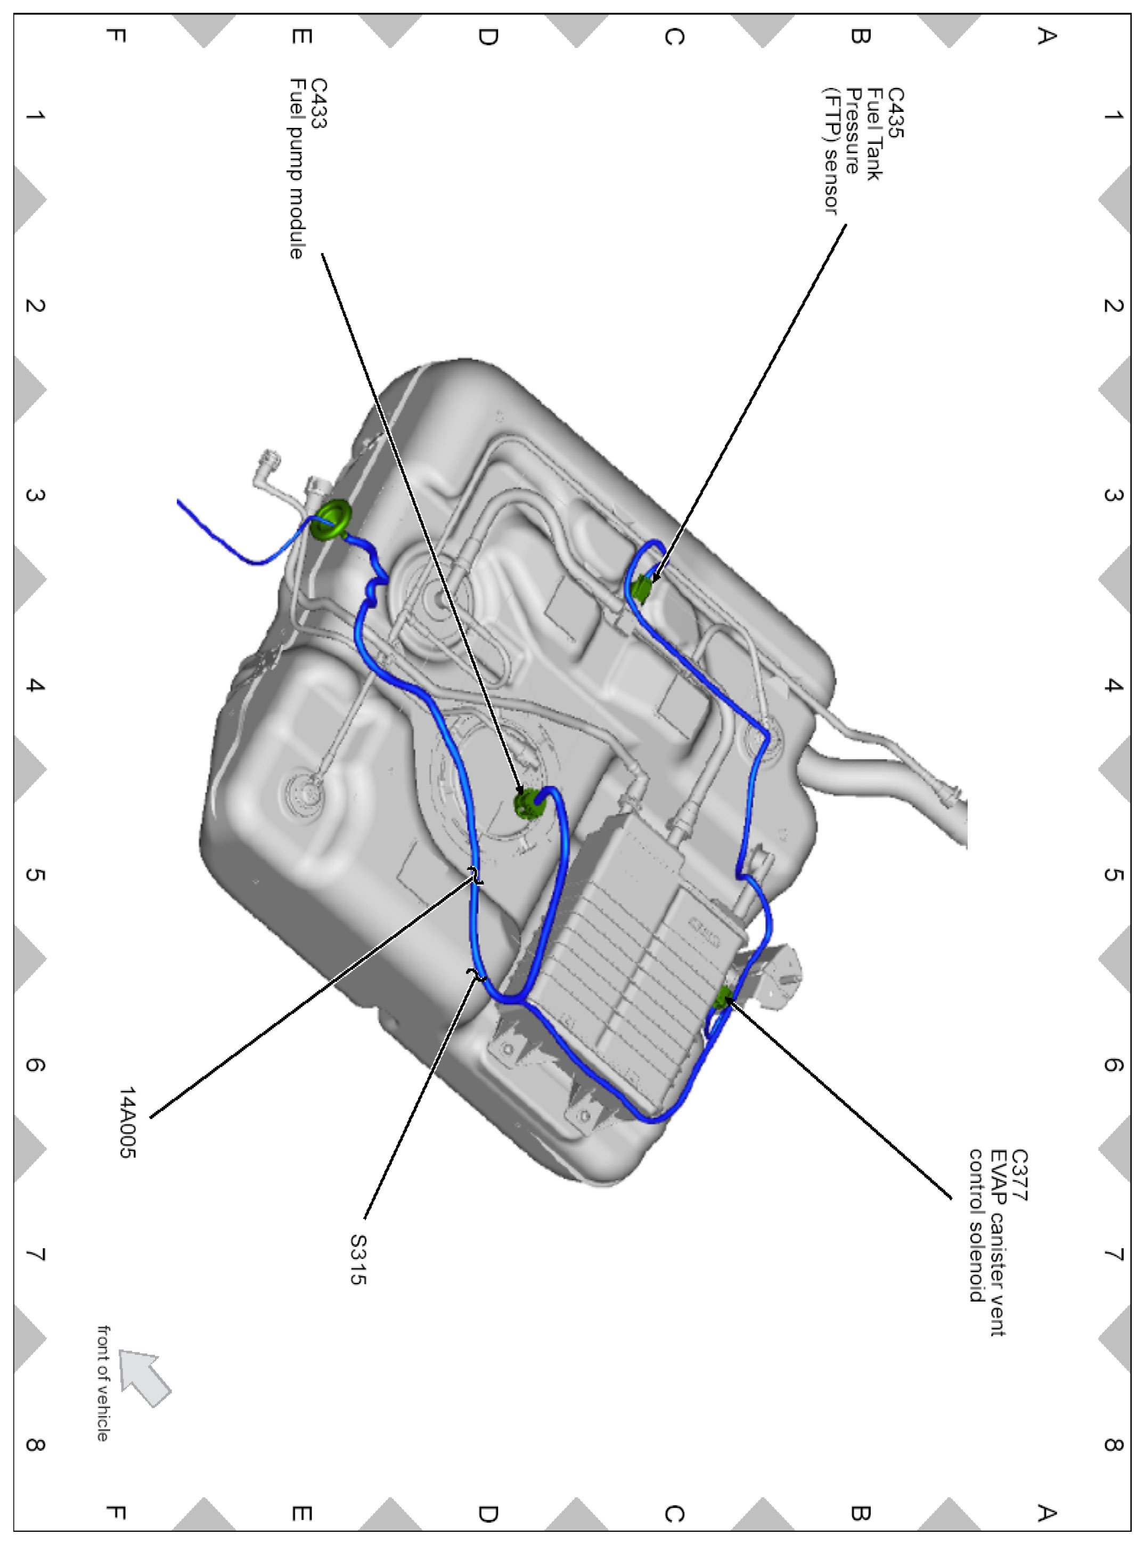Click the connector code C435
[x=895, y=112]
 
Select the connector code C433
[x=319, y=103]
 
